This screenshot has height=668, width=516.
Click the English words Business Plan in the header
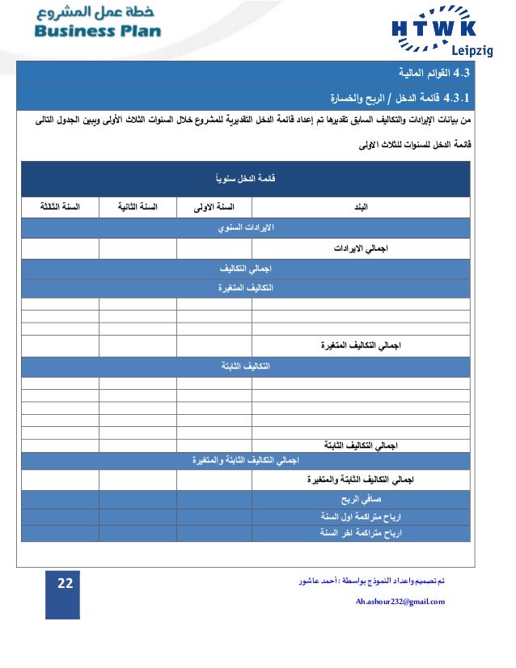point(97,32)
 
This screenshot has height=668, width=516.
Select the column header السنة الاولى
point(214,208)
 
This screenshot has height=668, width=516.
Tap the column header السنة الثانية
point(137,208)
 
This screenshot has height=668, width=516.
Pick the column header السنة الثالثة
point(61,208)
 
